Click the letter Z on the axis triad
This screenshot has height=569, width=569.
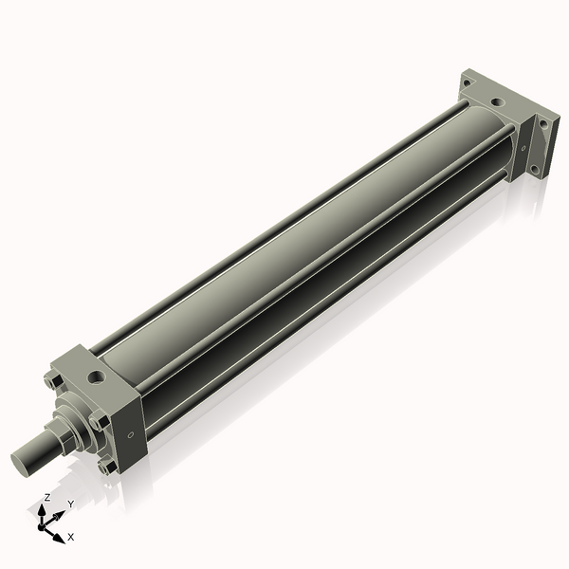pos(46,497)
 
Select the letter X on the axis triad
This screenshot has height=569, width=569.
pos(70,538)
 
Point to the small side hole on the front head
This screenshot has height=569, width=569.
pos(131,435)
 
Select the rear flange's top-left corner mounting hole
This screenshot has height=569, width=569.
pos(466,83)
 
